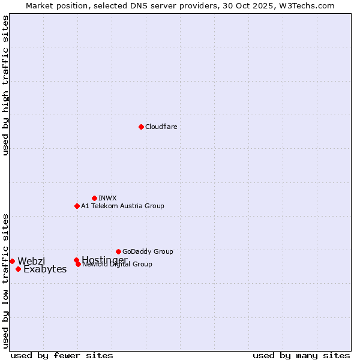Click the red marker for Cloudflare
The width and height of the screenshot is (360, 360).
tap(141, 127)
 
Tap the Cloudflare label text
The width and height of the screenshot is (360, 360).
tap(161, 127)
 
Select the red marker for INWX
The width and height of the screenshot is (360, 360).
tap(94, 198)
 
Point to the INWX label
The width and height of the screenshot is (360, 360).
tap(107, 198)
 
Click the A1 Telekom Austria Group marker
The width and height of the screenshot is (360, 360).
tap(77, 206)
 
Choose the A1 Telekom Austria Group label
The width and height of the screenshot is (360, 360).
tap(122, 206)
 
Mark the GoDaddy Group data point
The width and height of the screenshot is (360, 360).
tap(118, 251)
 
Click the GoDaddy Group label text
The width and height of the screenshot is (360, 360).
tap(148, 251)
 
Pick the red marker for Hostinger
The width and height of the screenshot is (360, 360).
tap(76, 260)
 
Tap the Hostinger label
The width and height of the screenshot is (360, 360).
tap(104, 259)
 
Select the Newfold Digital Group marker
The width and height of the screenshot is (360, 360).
tap(78, 264)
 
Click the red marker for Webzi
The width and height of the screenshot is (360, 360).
tap(12, 261)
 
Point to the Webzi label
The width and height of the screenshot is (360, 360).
tap(31, 261)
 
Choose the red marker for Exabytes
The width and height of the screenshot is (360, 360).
tap(18, 269)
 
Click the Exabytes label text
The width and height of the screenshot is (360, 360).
tap(45, 269)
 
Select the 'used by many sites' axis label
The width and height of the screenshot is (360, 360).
tap(301, 355)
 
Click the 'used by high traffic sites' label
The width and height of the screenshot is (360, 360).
tap(6, 85)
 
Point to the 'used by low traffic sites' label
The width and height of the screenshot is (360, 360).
tap(6, 281)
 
